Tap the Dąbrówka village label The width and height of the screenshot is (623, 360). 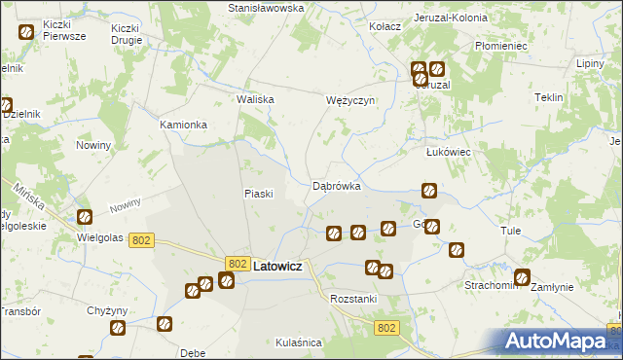coord(337,185)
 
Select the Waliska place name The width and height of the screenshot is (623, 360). coord(256,99)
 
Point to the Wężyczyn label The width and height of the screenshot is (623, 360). coord(349,100)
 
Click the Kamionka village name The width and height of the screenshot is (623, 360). coord(184,126)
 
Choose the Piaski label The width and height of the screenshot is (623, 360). coord(257,193)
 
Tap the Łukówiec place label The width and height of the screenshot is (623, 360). coord(449,153)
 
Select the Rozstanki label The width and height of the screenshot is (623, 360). coord(352,298)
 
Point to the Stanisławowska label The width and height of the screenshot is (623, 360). coord(266,7)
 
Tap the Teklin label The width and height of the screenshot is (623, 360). coord(549,98)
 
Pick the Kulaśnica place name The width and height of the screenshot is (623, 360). coord(298,342)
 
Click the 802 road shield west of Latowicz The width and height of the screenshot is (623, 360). coord(141,240)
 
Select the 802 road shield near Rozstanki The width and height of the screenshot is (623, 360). coord(386,328)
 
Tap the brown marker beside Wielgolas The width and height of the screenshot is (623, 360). coord(85,217)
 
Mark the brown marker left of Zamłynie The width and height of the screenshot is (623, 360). coord(523,276)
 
